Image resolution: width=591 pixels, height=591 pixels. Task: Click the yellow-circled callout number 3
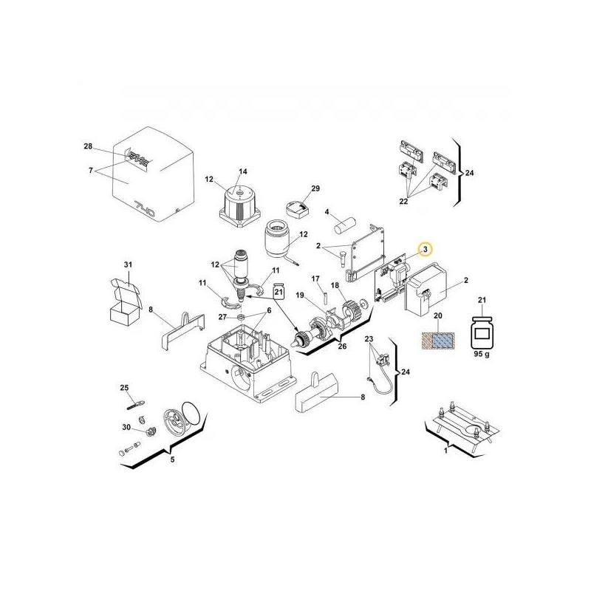click(425, 250)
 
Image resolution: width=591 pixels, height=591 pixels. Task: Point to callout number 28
click(89, 147)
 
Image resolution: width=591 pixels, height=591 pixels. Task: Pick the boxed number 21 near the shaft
click(279, 293)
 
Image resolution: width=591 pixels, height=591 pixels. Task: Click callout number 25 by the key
click(124, 387)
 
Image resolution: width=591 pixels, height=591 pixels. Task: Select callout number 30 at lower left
click(126, 428)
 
